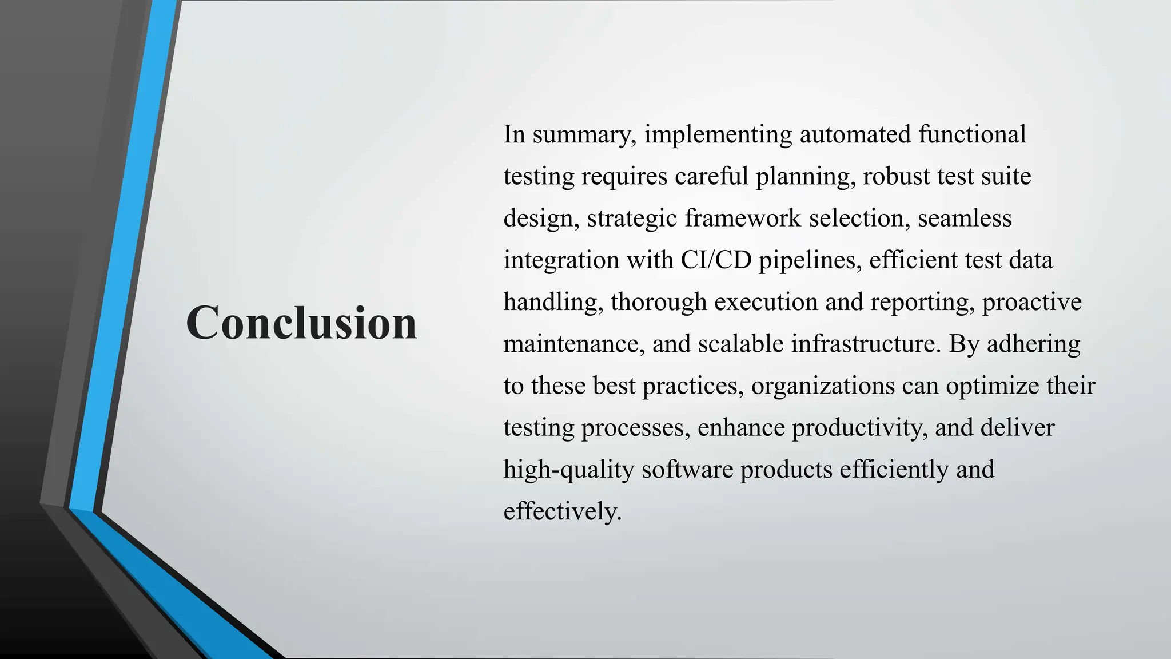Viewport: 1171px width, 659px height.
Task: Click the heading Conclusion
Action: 301,323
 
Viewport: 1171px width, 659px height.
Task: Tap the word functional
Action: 972,135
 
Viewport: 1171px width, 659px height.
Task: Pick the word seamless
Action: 965,219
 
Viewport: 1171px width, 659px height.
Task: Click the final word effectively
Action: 561,511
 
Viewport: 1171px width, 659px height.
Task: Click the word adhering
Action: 1033,344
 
